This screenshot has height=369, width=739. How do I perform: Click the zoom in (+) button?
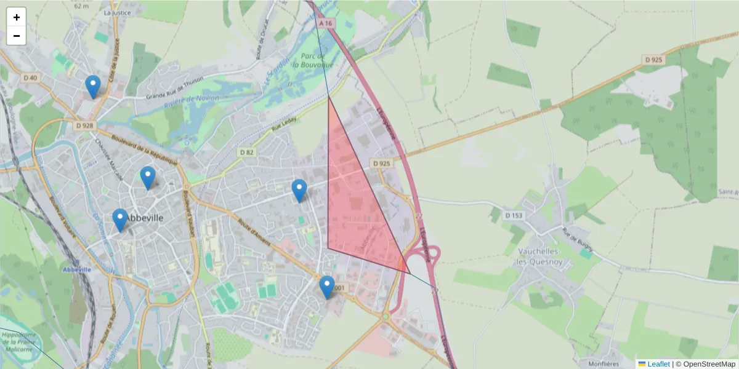[17, 17]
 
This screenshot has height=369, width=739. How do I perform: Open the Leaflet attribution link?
[658, 363]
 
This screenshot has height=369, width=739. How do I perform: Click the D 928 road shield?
[86, 125]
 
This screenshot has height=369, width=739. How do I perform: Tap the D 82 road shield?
[246, 152]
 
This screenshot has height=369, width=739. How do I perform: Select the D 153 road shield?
[513, 215]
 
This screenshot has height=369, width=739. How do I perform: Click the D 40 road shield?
[30, 77]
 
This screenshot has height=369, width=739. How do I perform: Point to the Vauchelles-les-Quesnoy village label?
[538, 256]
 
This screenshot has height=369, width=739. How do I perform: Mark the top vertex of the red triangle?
[328, 97]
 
